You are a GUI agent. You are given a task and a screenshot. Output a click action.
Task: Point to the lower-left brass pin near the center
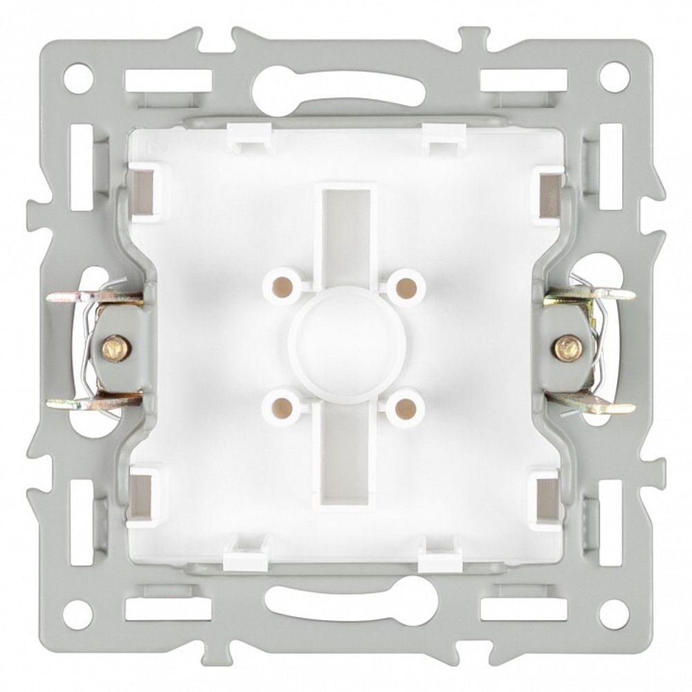[x=282, y=405]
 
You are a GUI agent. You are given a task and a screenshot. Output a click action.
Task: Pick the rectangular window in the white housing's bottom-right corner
[x=547, y=497]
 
